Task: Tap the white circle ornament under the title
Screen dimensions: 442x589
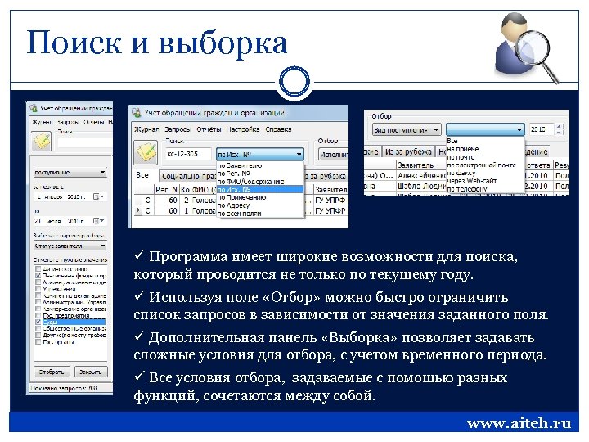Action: click(294, 82)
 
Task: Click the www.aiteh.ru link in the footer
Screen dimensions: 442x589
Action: click(519, 423)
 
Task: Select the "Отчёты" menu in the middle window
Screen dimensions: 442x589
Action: click(209, 129)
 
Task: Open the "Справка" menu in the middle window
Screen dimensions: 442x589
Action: click(279, 129)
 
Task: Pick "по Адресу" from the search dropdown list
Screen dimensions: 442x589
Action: click(239, 205)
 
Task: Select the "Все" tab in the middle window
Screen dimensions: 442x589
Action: click(143, 175)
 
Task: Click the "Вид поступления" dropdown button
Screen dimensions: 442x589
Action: click(407, 129)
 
